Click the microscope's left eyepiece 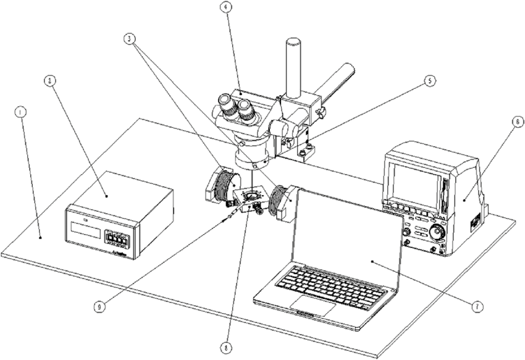225,106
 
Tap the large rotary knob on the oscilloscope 437,233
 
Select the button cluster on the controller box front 119,238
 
